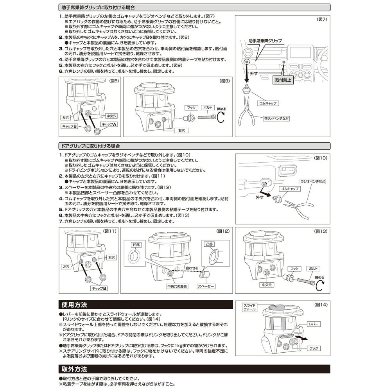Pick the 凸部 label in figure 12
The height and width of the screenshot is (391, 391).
coord(210,243)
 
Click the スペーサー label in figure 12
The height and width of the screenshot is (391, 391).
coord(206,287)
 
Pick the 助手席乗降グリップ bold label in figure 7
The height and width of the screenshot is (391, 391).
coord(265,40)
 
